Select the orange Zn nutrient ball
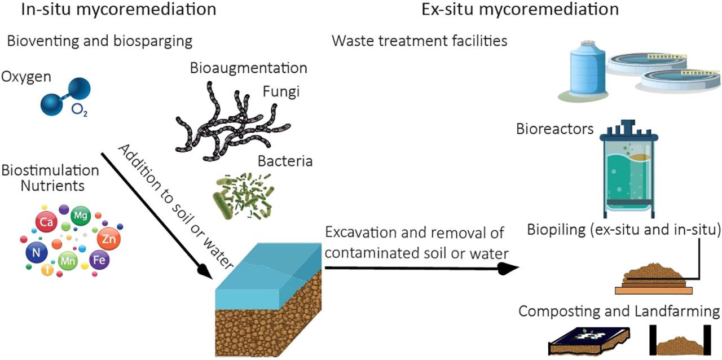coord(109,239)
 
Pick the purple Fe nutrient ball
coord(100,261)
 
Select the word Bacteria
coord(285,161)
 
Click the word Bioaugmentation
coord(248,68)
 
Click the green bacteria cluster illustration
coord(243,195)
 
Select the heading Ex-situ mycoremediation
coord(521,10)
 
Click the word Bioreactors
coord(554,129)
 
